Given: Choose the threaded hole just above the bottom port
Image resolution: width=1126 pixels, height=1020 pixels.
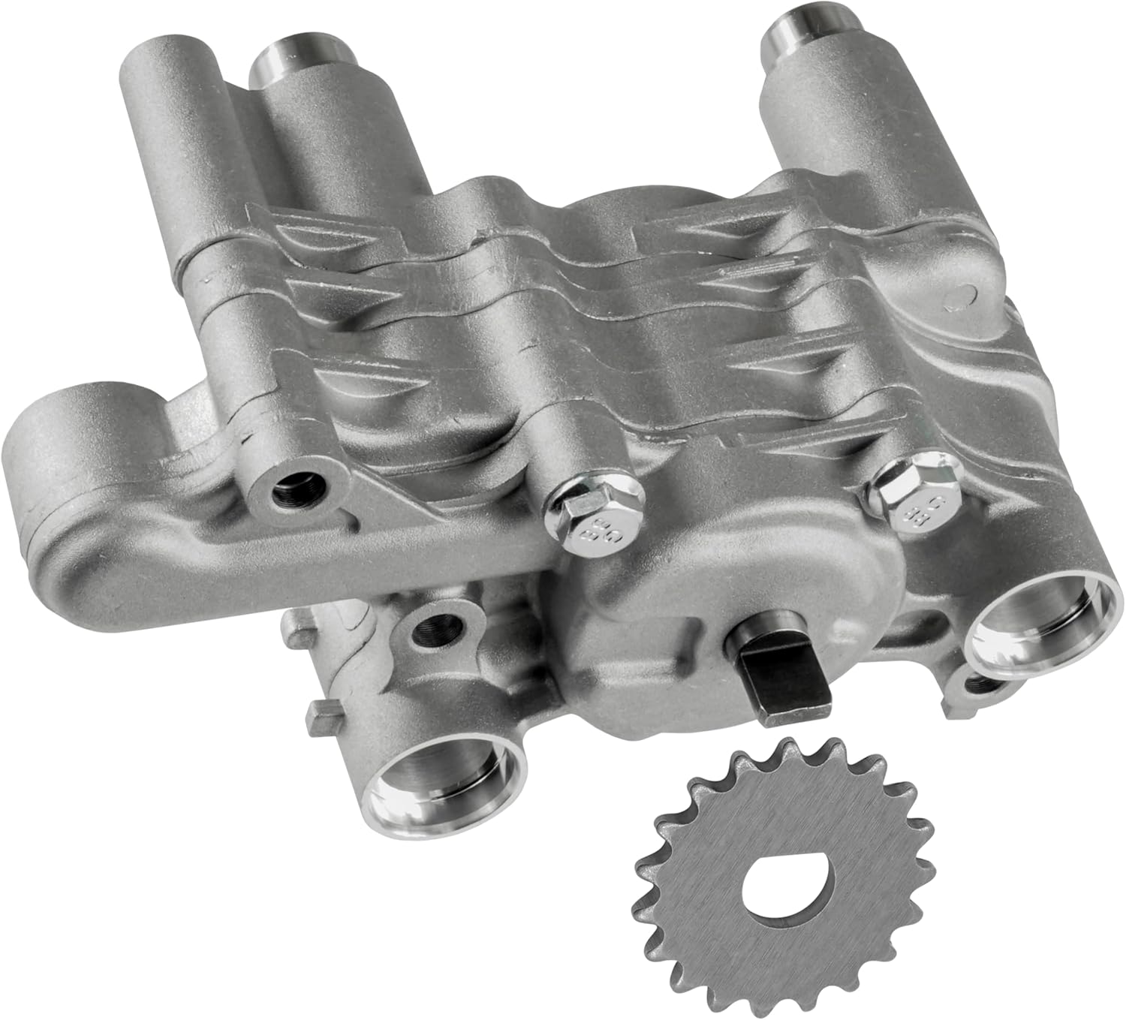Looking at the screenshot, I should (x=439, y=624).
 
